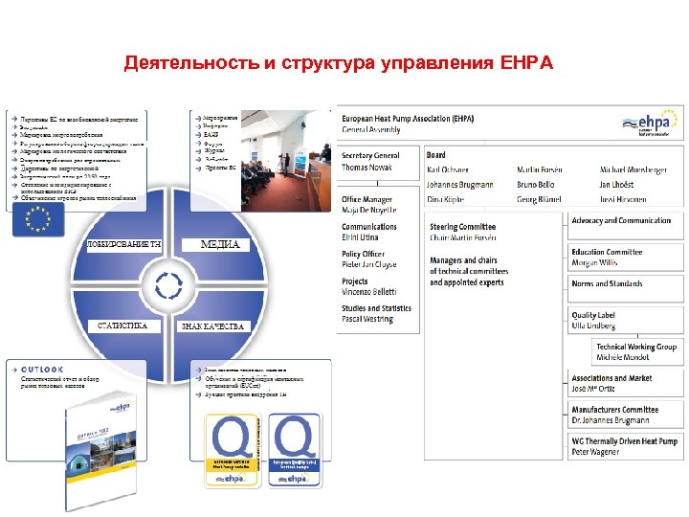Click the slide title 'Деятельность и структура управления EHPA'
[x=339, y=64]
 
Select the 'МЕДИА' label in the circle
[x=219, y=244]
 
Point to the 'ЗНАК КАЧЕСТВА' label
[x=213, y=326]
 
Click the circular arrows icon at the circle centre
[x=168, y=284]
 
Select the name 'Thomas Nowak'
[x=367, y=168]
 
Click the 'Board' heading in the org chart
[x=436, y=155]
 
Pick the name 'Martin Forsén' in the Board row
[x=539, y=169]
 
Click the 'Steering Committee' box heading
[x=464, y=227]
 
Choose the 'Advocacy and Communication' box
[x=621, y=221]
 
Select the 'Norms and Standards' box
[x=607, y=284]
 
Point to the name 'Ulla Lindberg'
[x=595, y=326]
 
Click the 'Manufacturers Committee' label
[x=614, y=410]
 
